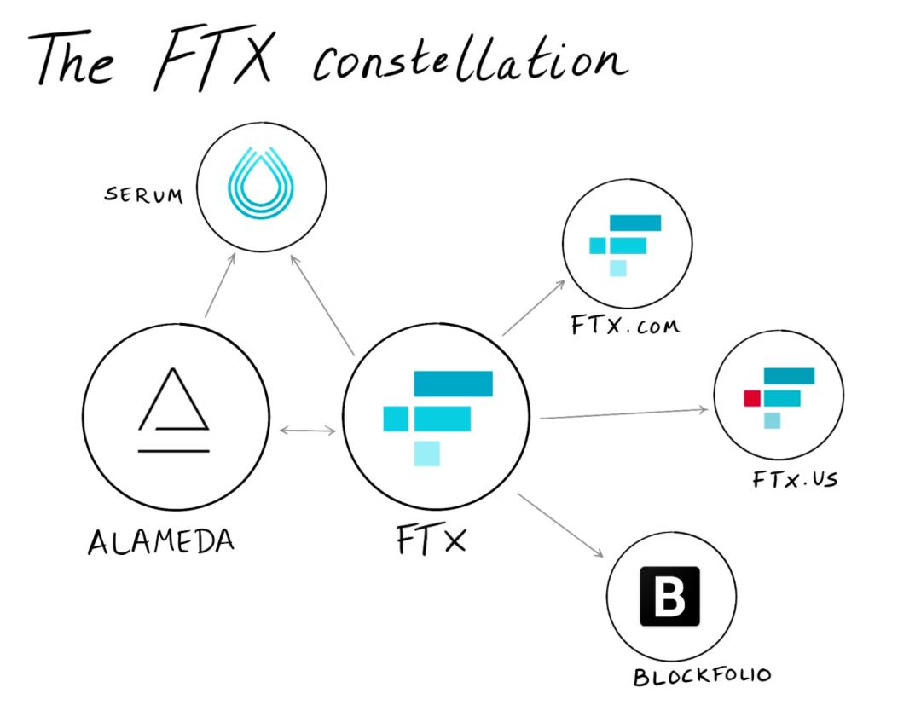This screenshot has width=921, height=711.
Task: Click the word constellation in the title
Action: [470, 61]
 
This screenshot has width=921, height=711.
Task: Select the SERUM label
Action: [143, 195]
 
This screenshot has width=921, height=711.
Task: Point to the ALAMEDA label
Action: [160, 541]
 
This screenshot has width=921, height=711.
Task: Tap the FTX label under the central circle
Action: [431, 540]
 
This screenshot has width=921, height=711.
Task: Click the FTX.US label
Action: [794, 478]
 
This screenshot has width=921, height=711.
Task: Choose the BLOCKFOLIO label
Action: [702, 676]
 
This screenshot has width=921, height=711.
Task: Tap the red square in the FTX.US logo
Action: [751, 398]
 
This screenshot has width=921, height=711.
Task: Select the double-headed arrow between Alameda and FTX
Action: [308, 431]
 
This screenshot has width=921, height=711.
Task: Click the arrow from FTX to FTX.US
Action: [623, 413]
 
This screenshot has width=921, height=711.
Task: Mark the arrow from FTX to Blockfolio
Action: [560, 525]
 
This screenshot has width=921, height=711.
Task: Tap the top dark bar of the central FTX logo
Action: [453, 384]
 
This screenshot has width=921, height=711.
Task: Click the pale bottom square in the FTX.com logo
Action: [617, 269]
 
